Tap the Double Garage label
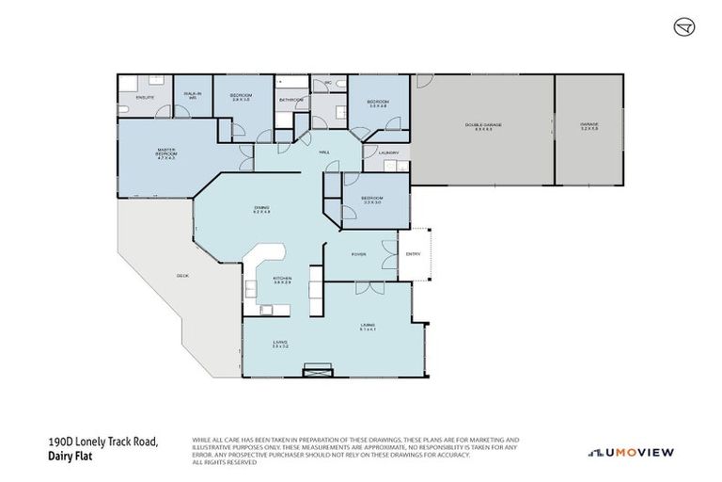[479, 126]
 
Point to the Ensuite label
[145, 97]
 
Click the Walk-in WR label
[192, 95]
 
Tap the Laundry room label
[388, 152]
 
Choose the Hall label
[324, 152]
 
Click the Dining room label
[261, 209]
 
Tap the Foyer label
[358, 254]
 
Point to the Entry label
[413, 254]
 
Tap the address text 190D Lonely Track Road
[102, 442]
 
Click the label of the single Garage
[589, 126]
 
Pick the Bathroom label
[290, 100]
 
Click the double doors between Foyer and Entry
[399, 254]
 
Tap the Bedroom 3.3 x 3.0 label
[371, 200]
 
